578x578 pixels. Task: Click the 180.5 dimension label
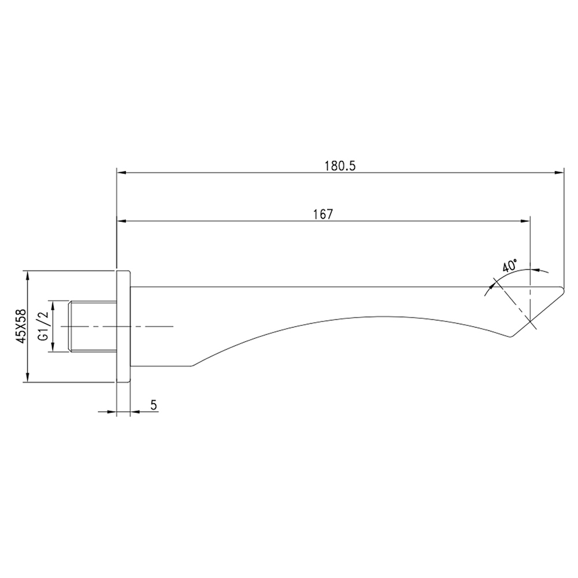340,166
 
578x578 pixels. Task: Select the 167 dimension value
323,214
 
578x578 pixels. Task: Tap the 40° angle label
510,265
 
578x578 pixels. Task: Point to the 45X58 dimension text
22,326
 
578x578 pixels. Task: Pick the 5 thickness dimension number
154,405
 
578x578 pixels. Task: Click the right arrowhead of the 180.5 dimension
559,172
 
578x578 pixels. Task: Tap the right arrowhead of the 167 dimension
525,221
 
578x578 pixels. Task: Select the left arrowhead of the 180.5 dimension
121,172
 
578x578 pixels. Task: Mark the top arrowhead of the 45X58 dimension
27,275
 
